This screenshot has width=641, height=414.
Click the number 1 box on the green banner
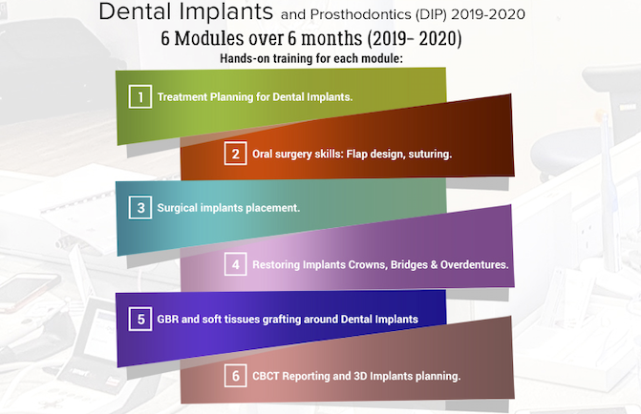(140, 96)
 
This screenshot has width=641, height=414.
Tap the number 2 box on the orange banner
(235, 154)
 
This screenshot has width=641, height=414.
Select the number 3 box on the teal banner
(140, 207)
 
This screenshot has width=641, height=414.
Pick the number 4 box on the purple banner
(235, 264)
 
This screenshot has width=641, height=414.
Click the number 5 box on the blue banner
(140, 319)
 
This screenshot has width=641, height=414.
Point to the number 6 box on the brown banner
(235, 376)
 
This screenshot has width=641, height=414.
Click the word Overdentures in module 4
(474, 265)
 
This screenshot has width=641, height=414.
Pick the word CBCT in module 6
(266, 376)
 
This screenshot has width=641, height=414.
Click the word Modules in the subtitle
(208, 39)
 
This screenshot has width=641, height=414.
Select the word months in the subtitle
(331, 39)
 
